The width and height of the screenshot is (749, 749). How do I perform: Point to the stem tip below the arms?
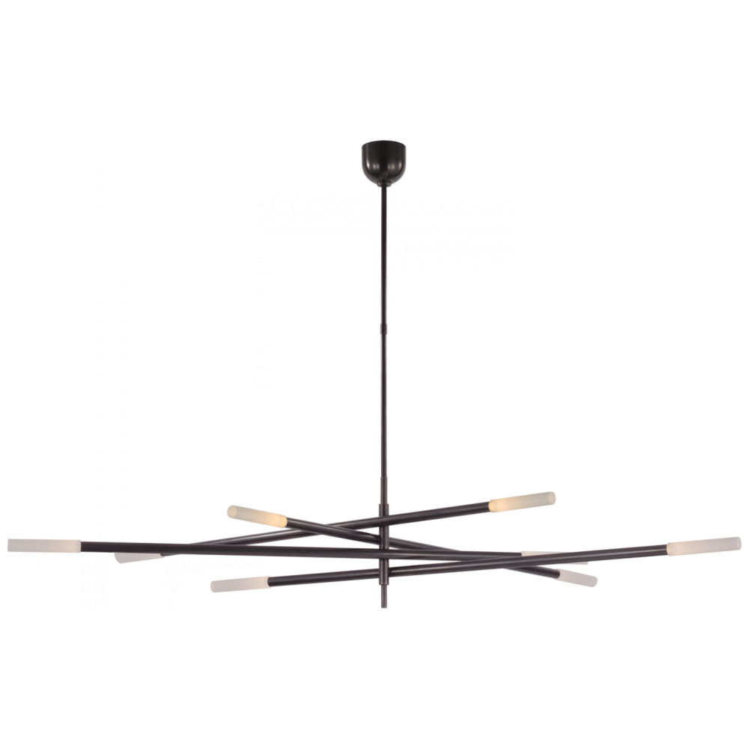pyautogui.click(x=384, y=596)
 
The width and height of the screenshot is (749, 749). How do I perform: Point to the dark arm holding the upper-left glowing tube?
pyautogui.click(x=330, y=528)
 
